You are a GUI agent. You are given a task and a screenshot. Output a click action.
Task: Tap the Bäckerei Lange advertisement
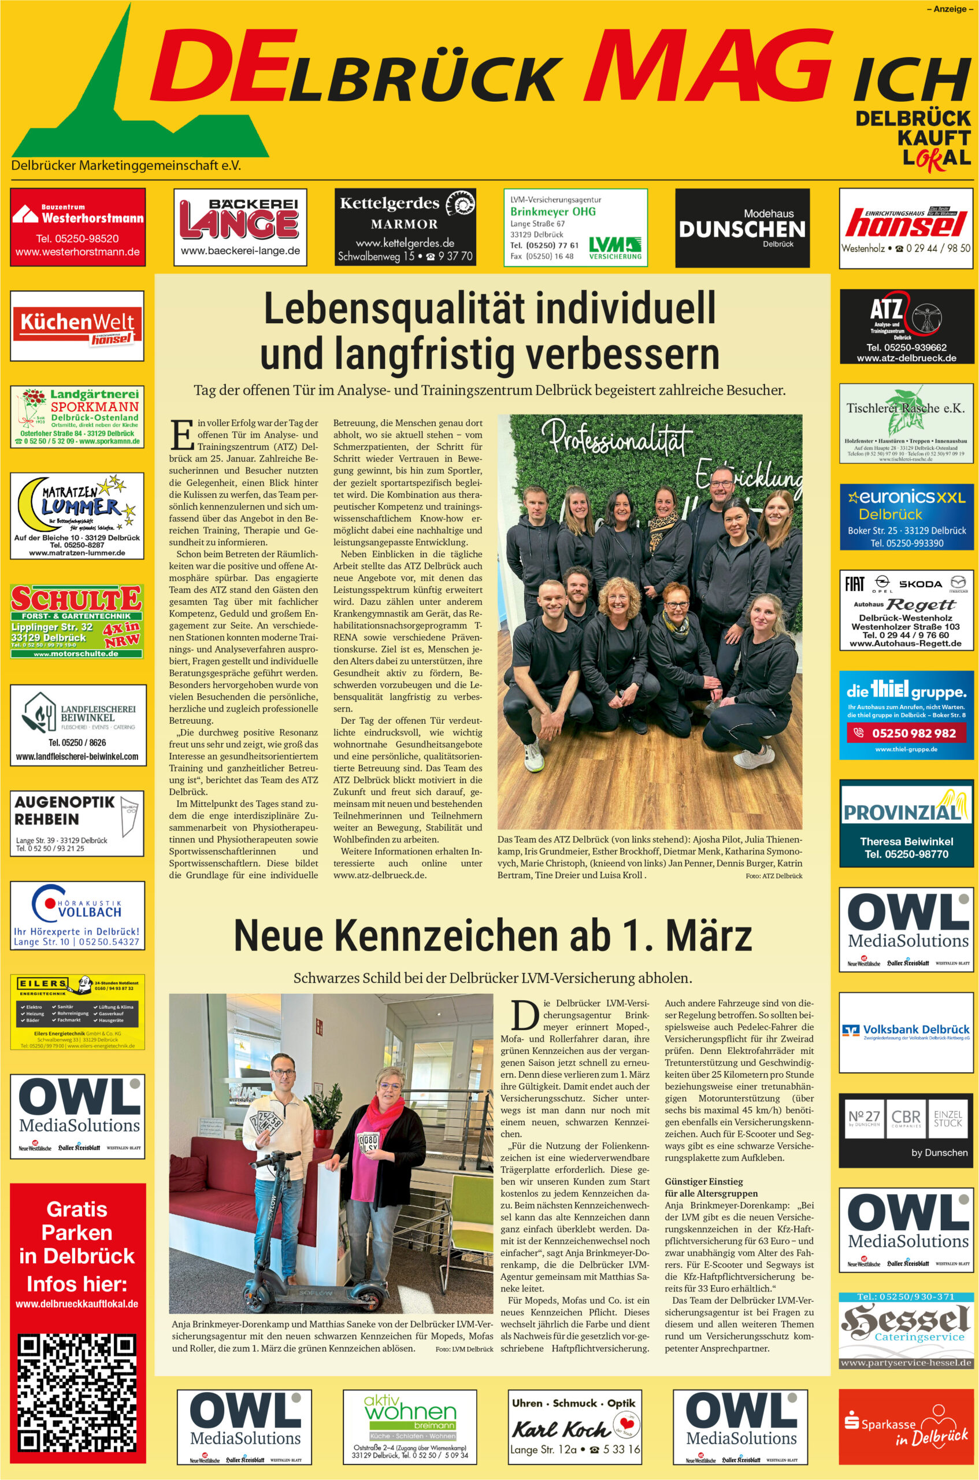(240, 227)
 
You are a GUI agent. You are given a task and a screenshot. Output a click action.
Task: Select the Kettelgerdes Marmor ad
(405, 227)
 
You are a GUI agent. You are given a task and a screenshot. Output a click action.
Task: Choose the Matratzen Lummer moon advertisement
(77, 516)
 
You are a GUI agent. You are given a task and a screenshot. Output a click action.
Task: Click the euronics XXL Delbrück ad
(907, 516)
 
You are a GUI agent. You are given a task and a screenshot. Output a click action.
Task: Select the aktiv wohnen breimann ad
(410, 1427)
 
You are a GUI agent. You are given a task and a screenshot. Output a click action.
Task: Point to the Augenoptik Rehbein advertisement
(77, 823)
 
